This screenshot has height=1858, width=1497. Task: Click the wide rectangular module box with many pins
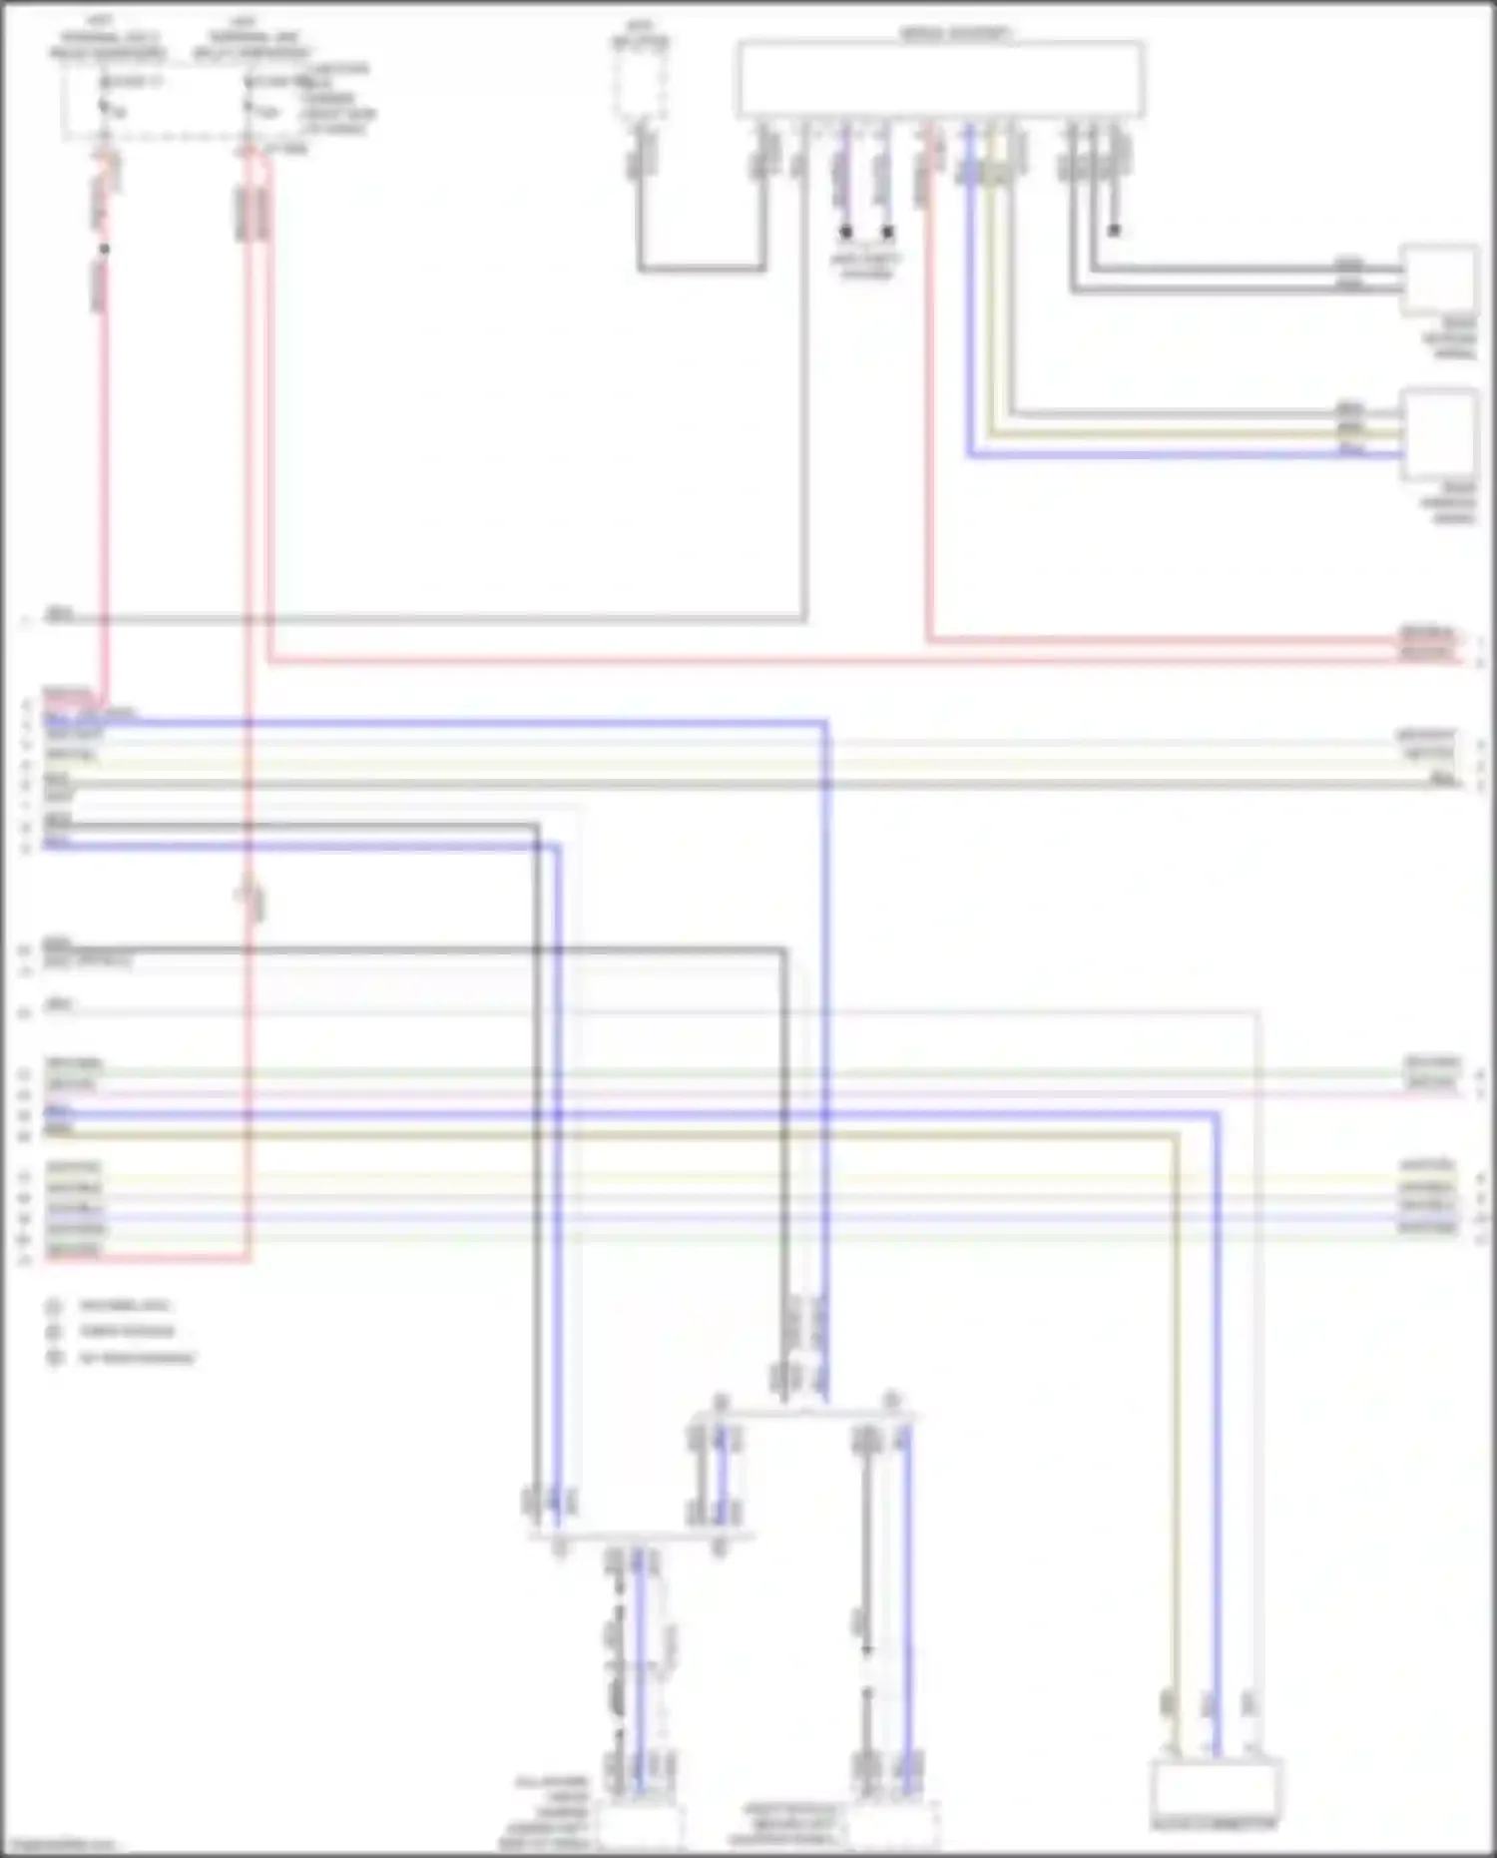click(940, 80)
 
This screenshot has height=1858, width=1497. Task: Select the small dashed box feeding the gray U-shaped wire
click(641, 84)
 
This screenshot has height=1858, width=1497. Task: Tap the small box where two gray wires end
click(1440, 279)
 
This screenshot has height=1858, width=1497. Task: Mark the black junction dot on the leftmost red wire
click(104, 250)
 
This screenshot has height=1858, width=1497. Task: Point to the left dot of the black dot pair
click(845, 232)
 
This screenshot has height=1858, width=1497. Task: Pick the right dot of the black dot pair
click(887, 232)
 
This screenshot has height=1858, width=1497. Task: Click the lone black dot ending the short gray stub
click(1114, 231)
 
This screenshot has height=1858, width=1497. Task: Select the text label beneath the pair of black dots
click(865, 266)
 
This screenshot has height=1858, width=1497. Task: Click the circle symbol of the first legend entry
click(54, 1306)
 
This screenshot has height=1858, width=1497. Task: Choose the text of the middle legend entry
click(127, 1331)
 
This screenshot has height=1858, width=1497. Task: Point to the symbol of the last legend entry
click(54, 1358)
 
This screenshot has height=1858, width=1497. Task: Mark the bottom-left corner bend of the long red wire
click(248, 1259)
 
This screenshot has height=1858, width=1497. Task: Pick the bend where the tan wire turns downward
click(1176, 1136)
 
